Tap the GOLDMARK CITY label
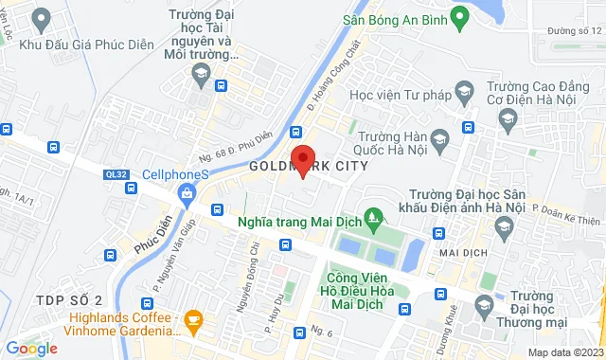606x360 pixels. click(304, 166)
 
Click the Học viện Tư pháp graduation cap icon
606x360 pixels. click(464, 91)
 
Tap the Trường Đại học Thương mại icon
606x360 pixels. click(484, 305)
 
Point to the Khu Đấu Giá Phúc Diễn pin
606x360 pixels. click(41, 18)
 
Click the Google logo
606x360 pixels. click(32, 349)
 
